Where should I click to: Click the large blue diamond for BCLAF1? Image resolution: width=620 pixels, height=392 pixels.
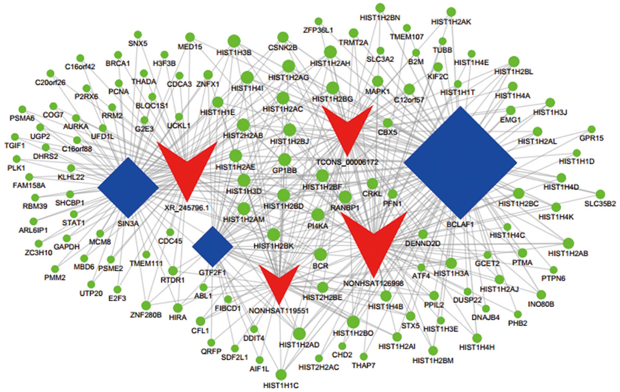tap(460, 162)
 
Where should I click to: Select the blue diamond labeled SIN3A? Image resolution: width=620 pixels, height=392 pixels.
tap(128, 188)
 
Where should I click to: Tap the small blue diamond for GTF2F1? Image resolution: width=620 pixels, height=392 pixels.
tap(212, 246)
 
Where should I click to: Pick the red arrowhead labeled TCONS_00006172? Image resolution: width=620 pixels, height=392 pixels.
tap(347, 126)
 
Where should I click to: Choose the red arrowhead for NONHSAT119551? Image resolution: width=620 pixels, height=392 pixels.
tap(279, 282)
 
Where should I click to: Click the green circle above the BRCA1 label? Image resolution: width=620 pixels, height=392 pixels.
tap(118, 55)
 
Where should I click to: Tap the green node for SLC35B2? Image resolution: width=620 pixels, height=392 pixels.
tap(600, 194)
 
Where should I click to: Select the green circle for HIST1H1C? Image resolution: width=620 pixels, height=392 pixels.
tap(281, 374)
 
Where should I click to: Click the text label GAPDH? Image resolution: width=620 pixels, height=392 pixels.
tap(66, 247)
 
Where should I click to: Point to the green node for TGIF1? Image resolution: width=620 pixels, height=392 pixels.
tap(15, 137)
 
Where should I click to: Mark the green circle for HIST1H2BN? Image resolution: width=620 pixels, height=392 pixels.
tap(380, 8)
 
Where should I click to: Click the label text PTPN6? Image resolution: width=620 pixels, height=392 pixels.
tap(553, 278)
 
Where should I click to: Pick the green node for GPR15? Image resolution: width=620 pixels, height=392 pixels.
tap(591, 129)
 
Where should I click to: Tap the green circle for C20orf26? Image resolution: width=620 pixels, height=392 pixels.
tap(50, 73)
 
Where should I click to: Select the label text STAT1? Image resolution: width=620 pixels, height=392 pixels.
tap(73, 223)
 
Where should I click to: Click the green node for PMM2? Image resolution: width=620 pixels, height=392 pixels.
tap(55, 269)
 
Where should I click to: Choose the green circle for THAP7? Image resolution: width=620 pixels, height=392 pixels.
tap(363, 356)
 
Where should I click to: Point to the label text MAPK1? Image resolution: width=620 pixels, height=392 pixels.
tap(377, 91)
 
